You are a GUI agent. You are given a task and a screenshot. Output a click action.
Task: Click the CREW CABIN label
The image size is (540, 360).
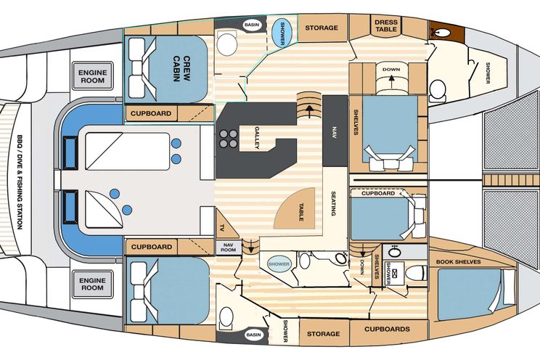pyautogui.click(x=181, y=68)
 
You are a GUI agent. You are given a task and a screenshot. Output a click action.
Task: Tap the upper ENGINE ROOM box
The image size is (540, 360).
pyautogui.click(x=92, y=76)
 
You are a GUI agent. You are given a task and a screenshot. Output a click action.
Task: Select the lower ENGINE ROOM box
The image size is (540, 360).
pyautogui.click(x=92, y=285)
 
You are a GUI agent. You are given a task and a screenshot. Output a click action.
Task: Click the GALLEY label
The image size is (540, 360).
pyautogui.click(x=257, y=138)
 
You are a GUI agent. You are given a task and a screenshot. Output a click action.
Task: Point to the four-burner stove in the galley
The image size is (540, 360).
pyautogui.click(x=229, y=139)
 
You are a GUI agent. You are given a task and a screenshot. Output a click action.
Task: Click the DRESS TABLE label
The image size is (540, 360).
pyautogui.click(x=386, y=26)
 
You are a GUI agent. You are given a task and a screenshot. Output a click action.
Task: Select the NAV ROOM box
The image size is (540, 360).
pyautogui.click(x=229, y=247)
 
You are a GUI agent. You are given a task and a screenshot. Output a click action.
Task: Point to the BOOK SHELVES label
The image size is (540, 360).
pyautogui.click(x=458, y=262)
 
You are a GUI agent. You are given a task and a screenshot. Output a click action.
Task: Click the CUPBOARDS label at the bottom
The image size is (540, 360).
pyautogui.click(x=387, y=329)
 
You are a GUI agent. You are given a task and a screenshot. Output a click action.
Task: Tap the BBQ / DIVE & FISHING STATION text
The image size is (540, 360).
pyautogui.click(x=20, y=182)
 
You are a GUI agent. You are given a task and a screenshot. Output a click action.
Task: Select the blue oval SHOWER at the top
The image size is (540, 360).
pyautogui.click(x=282, y=33)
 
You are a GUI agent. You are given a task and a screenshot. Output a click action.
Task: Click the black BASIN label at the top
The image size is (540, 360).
pyautogui.click(x=252, y=25)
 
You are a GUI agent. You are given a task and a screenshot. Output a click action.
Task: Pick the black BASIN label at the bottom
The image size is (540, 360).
pyautogui.click(x=253, y=335)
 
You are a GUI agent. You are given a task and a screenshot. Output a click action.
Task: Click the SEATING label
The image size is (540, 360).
pyautogui.click(x=333, y=203)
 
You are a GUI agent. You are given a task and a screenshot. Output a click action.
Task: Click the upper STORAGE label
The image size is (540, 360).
pyautogui.click(x=322, y=28)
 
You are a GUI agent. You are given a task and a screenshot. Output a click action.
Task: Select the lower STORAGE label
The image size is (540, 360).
pyautogui.click(x=323, y=334)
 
